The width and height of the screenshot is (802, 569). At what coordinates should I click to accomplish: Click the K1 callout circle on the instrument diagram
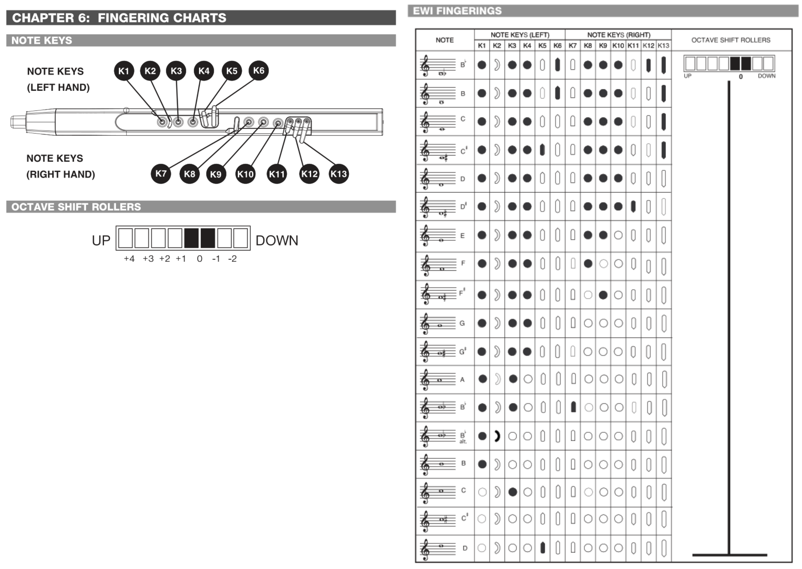124,71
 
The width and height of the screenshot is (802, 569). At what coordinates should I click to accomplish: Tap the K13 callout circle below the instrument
339,174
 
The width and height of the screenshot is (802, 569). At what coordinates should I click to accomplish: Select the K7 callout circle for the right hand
161,173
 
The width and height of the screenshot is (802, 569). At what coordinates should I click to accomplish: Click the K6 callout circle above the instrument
258,70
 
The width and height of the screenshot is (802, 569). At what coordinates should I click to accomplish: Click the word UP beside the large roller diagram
101,241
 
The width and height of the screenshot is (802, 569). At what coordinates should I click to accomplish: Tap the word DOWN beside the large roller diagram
277,241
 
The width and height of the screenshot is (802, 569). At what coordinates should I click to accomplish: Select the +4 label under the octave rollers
129,259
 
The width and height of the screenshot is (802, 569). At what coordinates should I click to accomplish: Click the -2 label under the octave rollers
232,259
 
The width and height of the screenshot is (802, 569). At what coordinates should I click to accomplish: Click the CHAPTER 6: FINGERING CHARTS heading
119,18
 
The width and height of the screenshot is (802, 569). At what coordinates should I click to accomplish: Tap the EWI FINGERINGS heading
457,11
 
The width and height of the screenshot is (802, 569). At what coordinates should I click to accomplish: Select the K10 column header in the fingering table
618,46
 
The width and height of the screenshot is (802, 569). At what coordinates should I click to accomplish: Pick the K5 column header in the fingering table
542,46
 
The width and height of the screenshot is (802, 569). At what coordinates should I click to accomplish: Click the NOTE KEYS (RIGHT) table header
619,35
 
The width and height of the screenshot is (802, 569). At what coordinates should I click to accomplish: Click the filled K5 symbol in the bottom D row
543,548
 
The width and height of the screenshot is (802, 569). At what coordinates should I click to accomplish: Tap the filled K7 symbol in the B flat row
573,407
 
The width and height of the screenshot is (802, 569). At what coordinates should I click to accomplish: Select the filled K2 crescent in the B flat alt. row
497,436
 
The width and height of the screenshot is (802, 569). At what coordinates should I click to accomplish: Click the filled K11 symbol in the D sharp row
633,206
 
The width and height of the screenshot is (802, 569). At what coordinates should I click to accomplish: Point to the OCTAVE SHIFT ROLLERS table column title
731,40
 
